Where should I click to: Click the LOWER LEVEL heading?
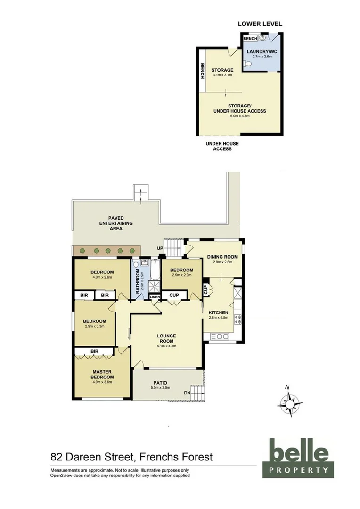coord(260,24)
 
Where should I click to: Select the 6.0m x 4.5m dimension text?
coord(240,116)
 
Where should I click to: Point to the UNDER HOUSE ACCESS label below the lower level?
coord(222,146)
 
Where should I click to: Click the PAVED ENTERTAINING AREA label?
coord(116,223)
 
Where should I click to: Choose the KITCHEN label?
coord(218,312)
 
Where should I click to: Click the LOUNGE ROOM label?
coord(166,338)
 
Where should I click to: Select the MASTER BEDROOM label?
coord(102,374)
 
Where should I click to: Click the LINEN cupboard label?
coord(155,297)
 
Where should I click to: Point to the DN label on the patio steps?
coord(188,393)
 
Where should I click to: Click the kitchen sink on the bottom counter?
coord(221,337)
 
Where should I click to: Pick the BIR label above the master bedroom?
coord(94,351)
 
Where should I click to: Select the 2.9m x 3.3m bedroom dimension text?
coord(94,326)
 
